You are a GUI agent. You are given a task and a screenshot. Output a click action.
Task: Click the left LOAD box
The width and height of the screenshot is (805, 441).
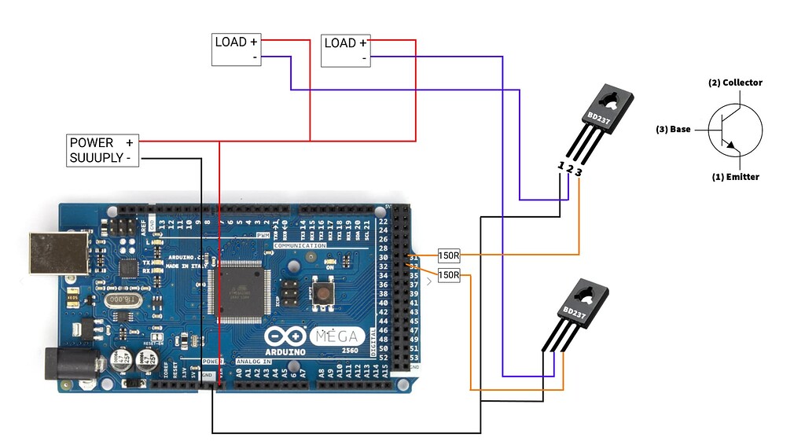pos(237,49)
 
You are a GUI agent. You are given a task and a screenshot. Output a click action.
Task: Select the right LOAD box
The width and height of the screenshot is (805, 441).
pos(346,49)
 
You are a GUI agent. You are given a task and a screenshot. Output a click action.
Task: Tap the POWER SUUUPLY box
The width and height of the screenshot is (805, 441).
pos(103,150)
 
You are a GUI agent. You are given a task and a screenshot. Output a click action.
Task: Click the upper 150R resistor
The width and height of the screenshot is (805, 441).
pos(449,255)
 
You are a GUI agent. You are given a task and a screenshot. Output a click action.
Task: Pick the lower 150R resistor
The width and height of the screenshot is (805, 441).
pos(449,275)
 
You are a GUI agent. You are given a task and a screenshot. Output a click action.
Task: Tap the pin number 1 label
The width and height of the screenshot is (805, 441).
pos(561,166)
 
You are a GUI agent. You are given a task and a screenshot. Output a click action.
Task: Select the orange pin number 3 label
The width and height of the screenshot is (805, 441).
pos(579,171)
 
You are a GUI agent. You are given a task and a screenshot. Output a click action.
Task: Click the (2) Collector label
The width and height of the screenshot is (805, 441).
pos(735,83)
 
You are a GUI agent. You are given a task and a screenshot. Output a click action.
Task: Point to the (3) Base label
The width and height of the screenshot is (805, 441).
pos(673,129)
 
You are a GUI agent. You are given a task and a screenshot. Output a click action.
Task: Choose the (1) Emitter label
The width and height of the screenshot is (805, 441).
pos(736,177)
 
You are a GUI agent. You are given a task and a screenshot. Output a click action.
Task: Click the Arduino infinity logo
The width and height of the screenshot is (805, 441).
pos(285,336)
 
